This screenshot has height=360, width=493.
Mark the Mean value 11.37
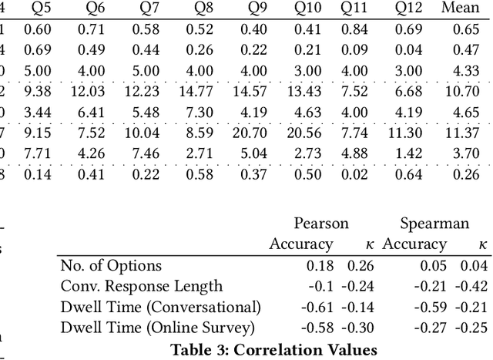tap(461, 133)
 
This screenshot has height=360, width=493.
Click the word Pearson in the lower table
tap(321, 224)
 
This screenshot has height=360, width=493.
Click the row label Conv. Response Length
tap(141, 287)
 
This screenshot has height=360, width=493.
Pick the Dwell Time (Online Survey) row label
tap(157, 328)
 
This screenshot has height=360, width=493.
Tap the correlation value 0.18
tap(320, 266)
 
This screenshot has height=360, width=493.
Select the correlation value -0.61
tap(317, 307)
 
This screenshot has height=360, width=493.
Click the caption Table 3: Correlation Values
tap(273, 349)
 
